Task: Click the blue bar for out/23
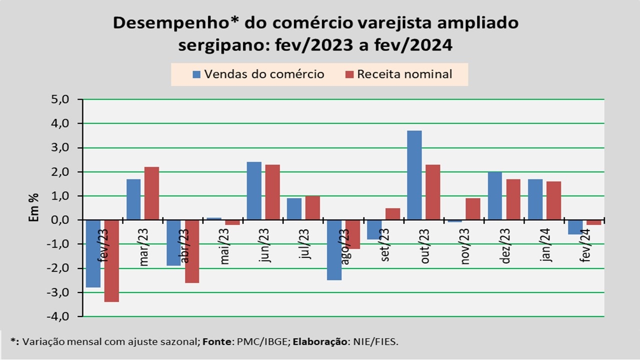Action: pyautogui.click(x=414, y=175)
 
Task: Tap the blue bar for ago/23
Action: pyautogui.click(x=334, y=250)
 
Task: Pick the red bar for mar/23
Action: pyautogui.click(x=151, y=193)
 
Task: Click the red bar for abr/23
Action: pyautogui.click(x=191, y=251)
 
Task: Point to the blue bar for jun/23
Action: pyautogui.click(x=254, y=191)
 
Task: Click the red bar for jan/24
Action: pyautogui.click(x=553, y=200)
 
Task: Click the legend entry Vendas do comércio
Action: pyautogui.click(x=258, y=74)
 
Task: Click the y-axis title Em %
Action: pyautogui.click(x=33, y=208)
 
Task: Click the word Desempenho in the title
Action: pyautogui.click(x=159, y=23)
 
